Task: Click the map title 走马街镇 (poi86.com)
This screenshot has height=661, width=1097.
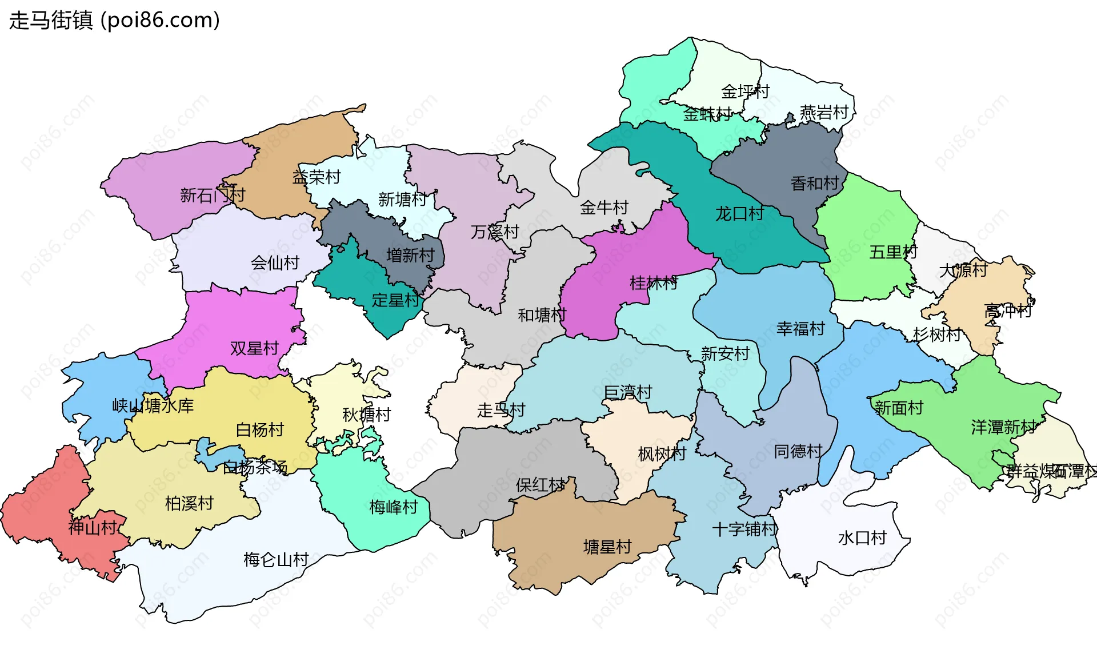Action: (x=114, y=20)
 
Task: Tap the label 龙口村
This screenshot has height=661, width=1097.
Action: (x=739, y=214)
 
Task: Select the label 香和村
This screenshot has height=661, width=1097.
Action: (x=815, y=184)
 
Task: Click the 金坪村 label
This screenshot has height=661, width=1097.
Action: (x=745, y=91)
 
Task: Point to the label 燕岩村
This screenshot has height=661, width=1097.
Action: (x=824, y=113)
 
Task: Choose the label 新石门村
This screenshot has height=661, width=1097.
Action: (x=213, y=196)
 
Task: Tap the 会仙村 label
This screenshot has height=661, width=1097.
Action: (x=275, y=263)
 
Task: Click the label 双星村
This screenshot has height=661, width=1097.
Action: (x=254, y=348)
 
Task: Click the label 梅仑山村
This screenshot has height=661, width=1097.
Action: (x=276, y=559)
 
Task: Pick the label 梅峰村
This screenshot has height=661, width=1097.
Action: (x=394, y=507)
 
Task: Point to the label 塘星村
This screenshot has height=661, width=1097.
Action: (x=607, y=547)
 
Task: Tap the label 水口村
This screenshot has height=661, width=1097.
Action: (x=862, y=538)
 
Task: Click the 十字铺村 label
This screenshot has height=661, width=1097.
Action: (x=745, y=529)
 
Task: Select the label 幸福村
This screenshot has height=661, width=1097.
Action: (x=800, y=329)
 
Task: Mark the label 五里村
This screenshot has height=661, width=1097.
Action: (x=893, y=252)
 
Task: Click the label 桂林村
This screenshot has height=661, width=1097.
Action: (x=654, y=283)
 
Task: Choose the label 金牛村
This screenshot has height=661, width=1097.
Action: (x=604, y=208)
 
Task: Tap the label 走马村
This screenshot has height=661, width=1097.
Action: (x=501, y=410)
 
